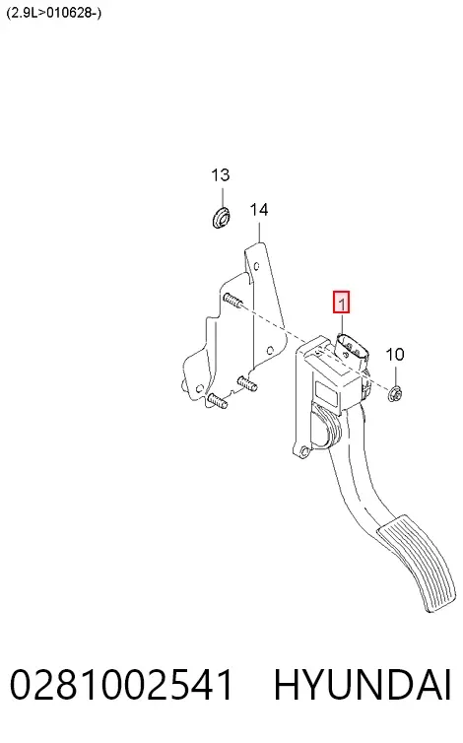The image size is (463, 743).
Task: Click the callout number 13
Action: click(x=221, y=175)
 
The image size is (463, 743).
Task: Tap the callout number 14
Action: click(x=259, y=210)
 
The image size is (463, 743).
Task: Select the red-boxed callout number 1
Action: click(x=341, y=302)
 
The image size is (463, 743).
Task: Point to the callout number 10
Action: click(x=395, y=355)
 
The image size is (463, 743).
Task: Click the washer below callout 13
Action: click(x=221, y=217)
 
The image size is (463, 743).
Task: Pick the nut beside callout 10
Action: click(x=395, y=393)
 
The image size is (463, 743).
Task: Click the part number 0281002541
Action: click(x=122, y=685)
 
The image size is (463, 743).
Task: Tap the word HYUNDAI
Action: click(x=363, y=685)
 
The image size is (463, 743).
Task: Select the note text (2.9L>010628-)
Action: click(x=53, y=13)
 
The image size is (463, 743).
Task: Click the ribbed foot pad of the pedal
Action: click(x=413, y=564)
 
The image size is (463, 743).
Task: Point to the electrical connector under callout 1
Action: click(x=352, y=352)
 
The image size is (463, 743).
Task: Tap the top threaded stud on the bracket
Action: click(x=231, y=300)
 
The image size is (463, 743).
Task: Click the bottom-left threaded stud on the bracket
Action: click(x=217, y=401)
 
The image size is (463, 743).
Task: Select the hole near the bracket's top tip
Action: click(x=256, y=266)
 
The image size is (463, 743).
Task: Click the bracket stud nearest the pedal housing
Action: click(x=247, y=383)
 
